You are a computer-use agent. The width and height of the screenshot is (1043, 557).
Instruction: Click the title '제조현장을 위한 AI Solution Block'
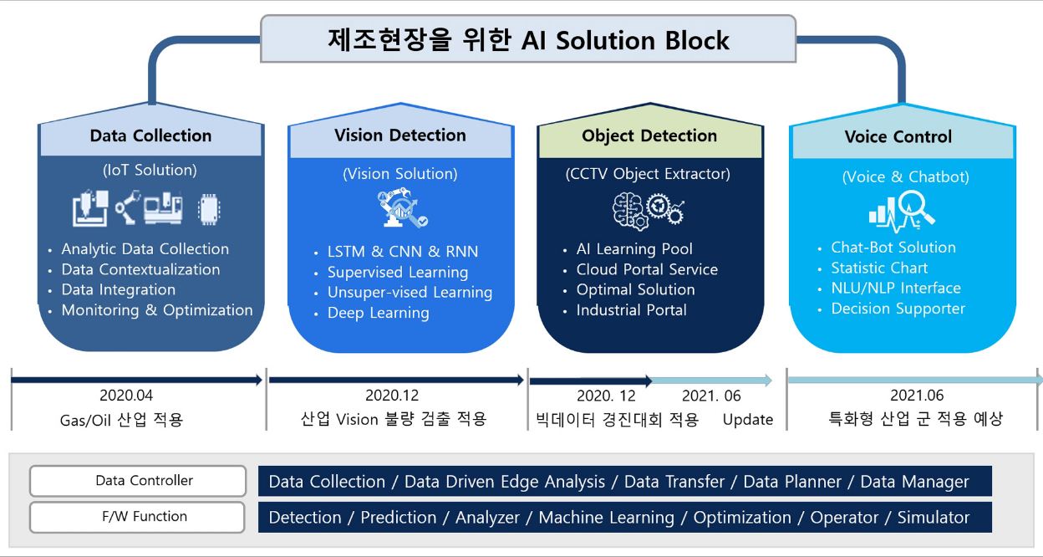click(528, 39)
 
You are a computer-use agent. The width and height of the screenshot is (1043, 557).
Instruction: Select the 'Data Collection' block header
click(151, 135)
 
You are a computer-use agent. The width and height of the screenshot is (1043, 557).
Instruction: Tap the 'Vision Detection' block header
click(400, 135)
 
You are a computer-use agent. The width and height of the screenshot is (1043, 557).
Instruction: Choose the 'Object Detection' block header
click(649, 135)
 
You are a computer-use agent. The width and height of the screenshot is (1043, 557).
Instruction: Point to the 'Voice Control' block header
click(898, 136)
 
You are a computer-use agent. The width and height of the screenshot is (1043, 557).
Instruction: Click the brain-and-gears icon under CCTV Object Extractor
click(649, 212)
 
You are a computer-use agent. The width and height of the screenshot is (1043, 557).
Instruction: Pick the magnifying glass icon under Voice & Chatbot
click(902, 212)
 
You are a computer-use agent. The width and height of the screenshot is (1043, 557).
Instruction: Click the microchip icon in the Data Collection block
click(209, 209)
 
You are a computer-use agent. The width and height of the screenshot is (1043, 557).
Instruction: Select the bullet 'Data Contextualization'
click(140, 269)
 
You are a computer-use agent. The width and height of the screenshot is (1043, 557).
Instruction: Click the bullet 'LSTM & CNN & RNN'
click(403, 252)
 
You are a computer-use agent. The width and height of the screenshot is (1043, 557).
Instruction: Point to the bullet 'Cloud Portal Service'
click(647, 269)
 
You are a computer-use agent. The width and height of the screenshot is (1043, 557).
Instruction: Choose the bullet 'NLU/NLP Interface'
click(896, 288)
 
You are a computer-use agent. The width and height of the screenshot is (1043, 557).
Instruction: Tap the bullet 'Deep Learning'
click(378, 313)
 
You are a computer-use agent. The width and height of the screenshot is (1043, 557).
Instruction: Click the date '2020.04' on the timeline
click(126, 396)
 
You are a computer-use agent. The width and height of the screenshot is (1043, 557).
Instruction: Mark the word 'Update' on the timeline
click(748, 420)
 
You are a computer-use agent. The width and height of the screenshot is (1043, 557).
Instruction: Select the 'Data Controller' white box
click(138, 481)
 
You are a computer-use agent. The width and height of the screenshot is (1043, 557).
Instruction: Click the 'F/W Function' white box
click(137, 517)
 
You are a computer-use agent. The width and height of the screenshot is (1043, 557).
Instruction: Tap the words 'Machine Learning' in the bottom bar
click(606, 518)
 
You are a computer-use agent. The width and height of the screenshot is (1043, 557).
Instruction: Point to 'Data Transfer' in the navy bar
click(674, 482)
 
